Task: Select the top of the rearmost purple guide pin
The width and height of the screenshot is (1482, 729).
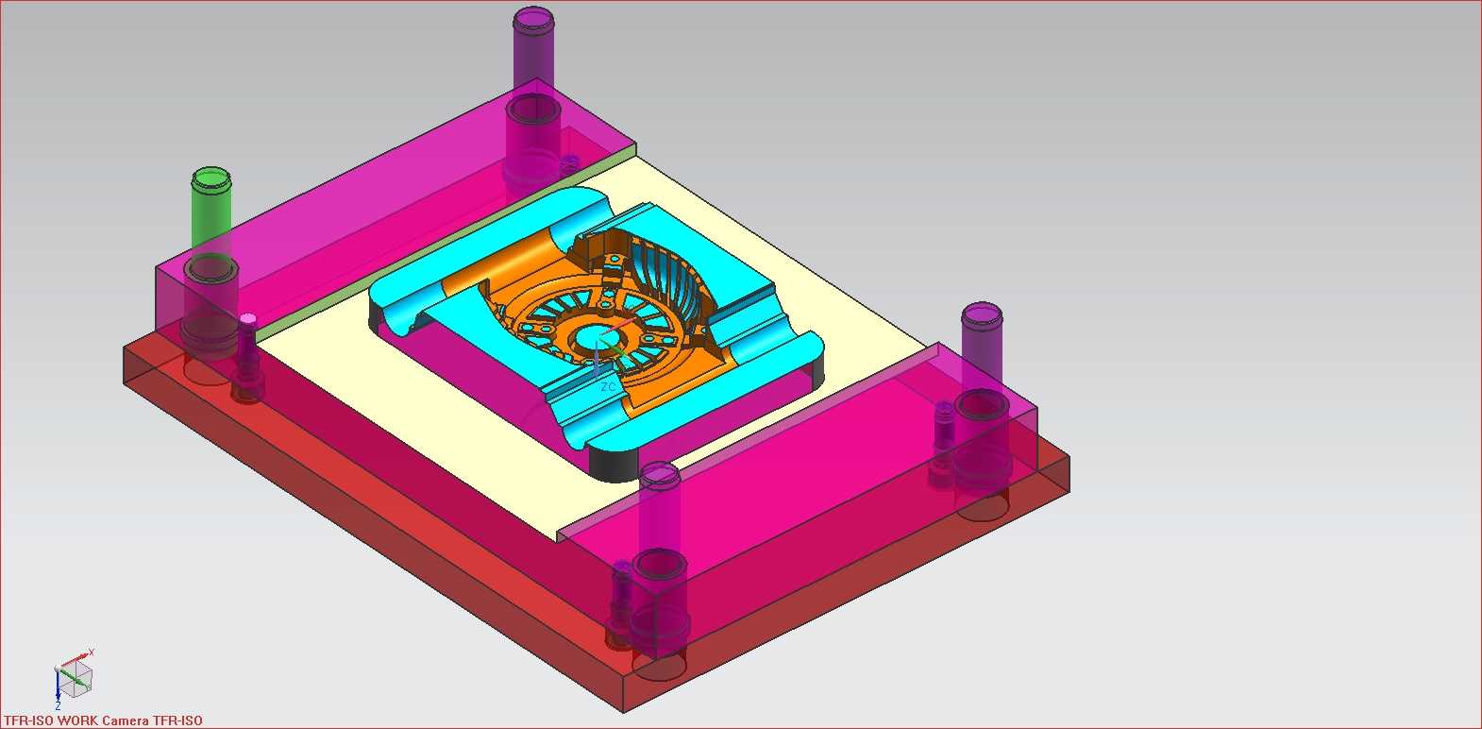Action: (533, 17)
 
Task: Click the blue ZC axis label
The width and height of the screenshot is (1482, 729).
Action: (607, 386)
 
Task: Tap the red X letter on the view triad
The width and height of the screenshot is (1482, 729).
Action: (92, 653)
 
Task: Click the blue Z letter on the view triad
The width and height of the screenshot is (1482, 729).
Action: (58, 706)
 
